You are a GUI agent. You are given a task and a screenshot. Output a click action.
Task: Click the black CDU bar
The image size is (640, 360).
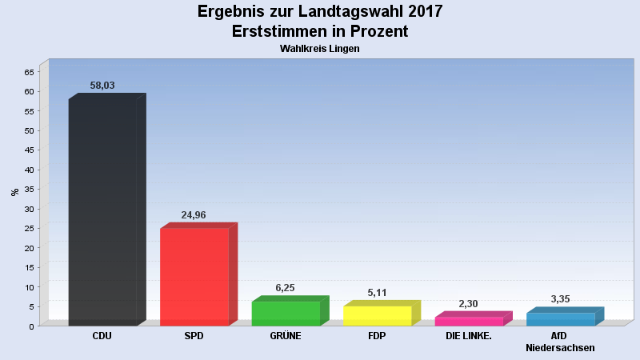(x=107, y=210)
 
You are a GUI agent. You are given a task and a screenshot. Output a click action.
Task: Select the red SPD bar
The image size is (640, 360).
(x=198, y=274)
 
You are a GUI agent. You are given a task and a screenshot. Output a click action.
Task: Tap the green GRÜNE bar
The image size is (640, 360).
(x=290, y=310)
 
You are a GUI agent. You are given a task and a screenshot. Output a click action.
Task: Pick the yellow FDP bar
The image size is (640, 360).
(x=382, y=313)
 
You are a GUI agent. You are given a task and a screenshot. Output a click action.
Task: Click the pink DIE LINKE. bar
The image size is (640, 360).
(x=474, y=318)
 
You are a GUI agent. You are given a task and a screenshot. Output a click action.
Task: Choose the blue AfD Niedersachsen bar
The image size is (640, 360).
(x=565, y=316)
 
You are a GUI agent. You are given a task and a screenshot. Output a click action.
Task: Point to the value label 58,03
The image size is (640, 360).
(x=102, y=86)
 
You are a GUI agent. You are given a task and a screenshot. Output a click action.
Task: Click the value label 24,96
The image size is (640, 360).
(x=194, y=214)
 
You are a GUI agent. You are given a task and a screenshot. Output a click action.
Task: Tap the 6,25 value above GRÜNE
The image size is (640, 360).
(x=285, y=288)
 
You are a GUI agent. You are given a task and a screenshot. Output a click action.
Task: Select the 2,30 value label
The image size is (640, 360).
(x=468, y=304)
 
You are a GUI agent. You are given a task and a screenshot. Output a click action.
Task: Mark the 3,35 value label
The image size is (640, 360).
(x=560, y=298)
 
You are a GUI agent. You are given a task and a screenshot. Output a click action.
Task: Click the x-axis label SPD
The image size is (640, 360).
(x=194, y=336)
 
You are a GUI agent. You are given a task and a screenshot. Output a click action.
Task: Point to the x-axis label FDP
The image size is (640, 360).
(x=377, y=336)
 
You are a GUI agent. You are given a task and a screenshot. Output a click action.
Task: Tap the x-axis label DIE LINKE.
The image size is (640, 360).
(x=469, y=336)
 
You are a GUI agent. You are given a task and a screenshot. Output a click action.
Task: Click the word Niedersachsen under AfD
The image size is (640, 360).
(x=560, y=348)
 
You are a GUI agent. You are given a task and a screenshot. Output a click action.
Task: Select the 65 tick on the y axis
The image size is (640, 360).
(x=30, y=72)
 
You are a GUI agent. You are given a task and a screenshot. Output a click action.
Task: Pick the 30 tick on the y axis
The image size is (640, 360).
(x=30, y=209)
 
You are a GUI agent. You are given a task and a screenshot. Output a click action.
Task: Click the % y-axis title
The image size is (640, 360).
(x=15, y=192)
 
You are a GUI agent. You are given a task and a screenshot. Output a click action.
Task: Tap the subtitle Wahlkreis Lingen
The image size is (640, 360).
(x=319, y=49)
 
